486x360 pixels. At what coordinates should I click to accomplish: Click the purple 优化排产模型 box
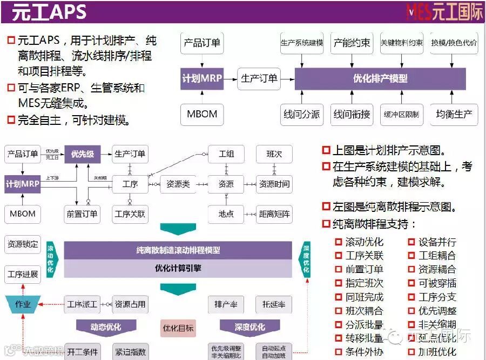click(x=380, y=79)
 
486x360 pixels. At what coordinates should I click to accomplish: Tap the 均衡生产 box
click(x=454, y=114)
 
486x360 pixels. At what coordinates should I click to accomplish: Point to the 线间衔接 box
click(x=352, y=114)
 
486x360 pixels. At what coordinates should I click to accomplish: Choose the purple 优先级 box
click(x=83, y=154)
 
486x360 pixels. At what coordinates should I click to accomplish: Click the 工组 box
click(x=226, y=154)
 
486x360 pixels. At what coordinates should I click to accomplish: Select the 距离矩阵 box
click(x=274, y=214)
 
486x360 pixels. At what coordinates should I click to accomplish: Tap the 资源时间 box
click(x=274, y=184)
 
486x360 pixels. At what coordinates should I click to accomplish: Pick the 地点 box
click(x=226, y=214)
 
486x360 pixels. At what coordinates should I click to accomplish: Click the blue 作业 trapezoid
click(x=23, y=304)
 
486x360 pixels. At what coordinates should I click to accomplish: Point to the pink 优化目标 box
click(x=178, y=328)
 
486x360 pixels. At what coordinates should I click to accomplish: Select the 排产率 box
click(x=226, y=304)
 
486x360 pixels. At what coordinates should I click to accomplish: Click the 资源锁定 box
click(x=23, y=244)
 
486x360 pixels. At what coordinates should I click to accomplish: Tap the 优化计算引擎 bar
click(x=178, y=268)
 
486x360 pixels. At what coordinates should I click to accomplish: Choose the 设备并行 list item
click(x=437, y=242)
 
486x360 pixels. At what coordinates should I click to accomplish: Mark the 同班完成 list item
click(x=364, y=297)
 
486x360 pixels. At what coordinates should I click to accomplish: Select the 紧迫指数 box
click(x=130, y=352)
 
